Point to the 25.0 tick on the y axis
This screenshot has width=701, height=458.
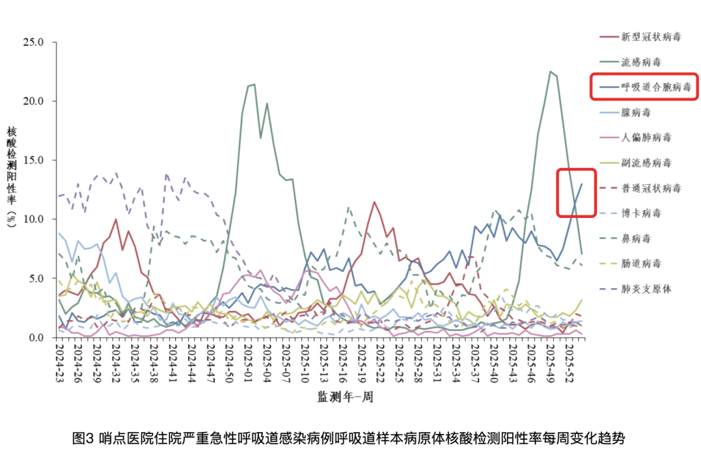point(32,42)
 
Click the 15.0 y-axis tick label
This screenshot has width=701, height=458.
point(32,160)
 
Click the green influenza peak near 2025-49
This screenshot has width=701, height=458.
point(550,72)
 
